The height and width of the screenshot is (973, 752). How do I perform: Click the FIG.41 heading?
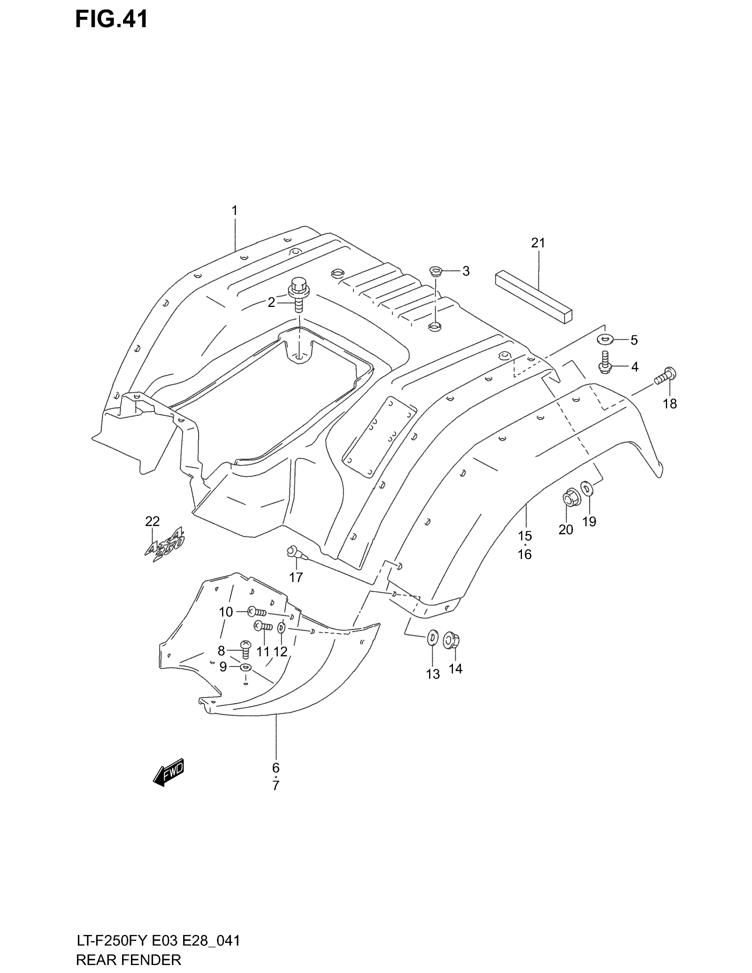(x=111, y=20)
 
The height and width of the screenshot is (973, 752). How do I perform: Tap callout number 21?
(x=538, y=243)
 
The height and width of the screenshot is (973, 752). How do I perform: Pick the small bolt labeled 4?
(x=605, y=362)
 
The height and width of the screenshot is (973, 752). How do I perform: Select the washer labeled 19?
(x=587, y=488)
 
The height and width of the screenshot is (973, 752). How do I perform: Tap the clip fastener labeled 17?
(x=295, y=552)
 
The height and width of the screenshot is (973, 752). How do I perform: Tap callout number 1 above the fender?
(x=234, y=210)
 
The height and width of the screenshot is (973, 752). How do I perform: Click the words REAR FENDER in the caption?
(x=129, y=960)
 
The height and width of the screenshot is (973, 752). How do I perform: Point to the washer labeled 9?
(x=246, y=667)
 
